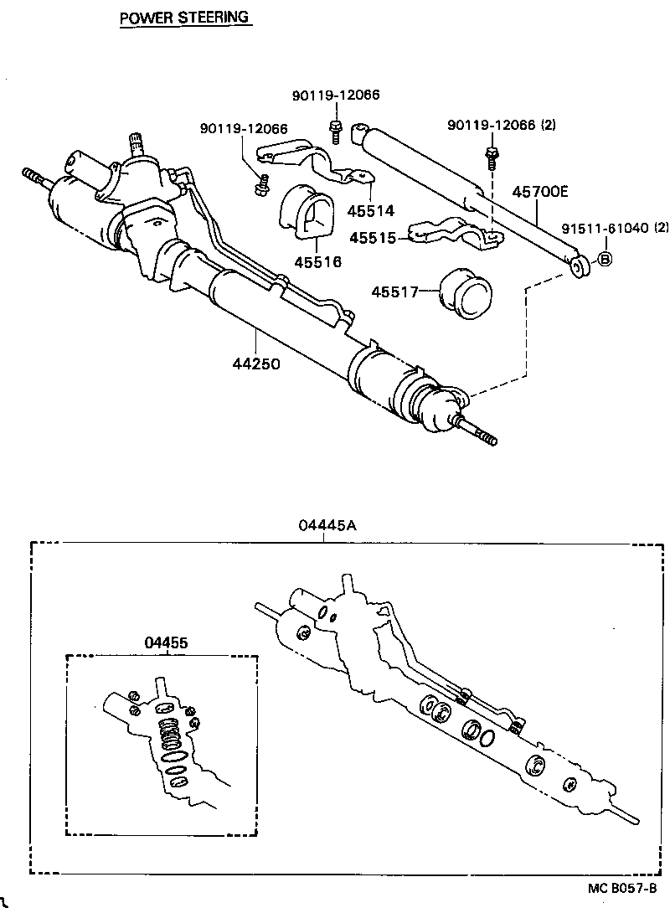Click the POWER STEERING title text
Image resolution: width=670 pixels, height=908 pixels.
click(x=185, y=17)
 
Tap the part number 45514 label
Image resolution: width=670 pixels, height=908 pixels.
click(x=373, y=212)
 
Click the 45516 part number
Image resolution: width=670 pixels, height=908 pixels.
click(x=317, y=262)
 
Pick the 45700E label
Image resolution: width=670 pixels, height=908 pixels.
click(x=539, y=192)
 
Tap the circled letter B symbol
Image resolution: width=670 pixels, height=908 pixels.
click(x=605, y=261)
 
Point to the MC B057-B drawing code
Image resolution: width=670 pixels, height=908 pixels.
click(x=622, y=889)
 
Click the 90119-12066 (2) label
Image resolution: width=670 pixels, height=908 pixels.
click(x=502, y=125)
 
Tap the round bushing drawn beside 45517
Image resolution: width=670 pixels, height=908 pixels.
click(x=466, y=294)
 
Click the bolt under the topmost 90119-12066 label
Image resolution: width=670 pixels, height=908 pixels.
click(x=335, y=130)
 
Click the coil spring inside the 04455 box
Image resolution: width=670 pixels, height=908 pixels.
click(x=171, y=735)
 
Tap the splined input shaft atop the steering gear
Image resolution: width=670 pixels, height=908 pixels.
click(x=137, y=142)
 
